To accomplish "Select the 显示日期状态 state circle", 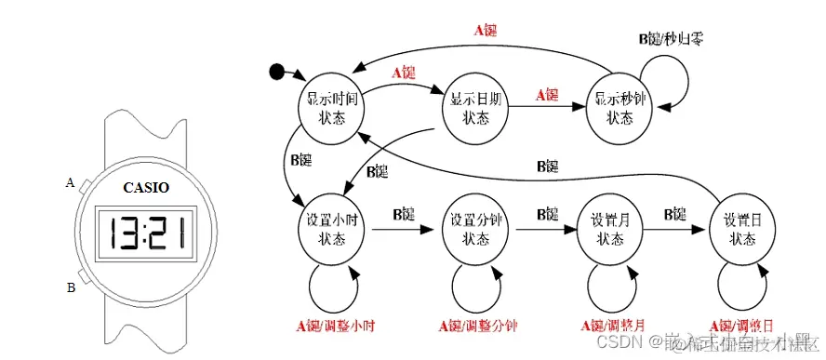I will click(475, 107).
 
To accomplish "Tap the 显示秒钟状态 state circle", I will click(620, 107).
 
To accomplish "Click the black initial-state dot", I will click(276, 72).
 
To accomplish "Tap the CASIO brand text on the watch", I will click(147, 187).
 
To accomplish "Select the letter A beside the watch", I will click(70, 182).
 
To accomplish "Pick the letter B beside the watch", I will click(71, 287).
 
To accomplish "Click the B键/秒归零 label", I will click(670, 39).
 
